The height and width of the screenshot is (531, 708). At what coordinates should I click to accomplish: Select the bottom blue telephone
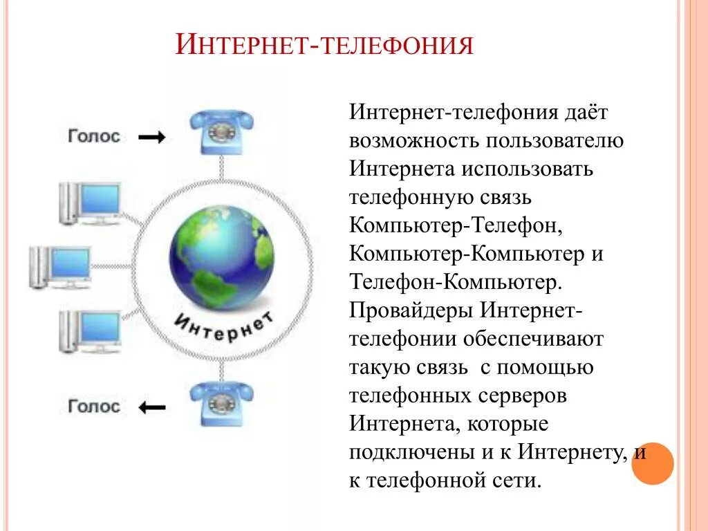(x=221, y=402)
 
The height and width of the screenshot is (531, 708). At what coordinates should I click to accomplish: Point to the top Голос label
(x=94, y=136)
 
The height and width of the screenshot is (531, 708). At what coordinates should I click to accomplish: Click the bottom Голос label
(x=94, y=406)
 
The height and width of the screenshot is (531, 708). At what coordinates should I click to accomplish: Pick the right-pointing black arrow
(x=152, y=138)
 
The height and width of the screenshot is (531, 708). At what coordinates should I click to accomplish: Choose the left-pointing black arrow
(x=152, y=408)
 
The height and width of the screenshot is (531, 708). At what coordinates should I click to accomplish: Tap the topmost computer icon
(x=90, y=203)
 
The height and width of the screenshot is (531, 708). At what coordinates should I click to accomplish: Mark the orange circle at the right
(x=652, y=463)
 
